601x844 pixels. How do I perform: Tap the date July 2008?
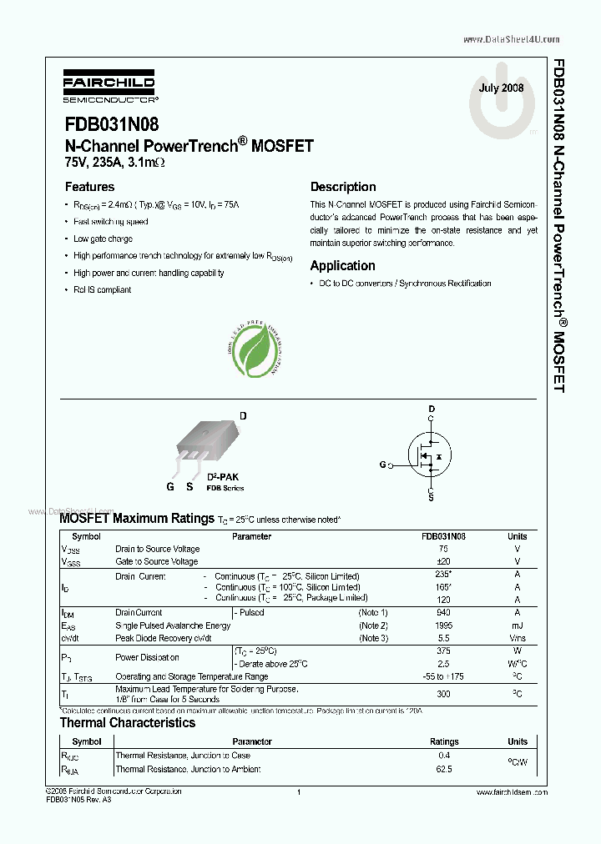[x=501, y=88]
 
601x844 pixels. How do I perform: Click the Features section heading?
[x=89, y=187]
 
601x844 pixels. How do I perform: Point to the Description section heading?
[x=343, y=187]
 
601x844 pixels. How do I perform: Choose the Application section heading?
[x=342, y=265]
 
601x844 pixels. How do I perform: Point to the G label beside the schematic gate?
[x=383, y=465]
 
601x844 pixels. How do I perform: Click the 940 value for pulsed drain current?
[x=443, y=612]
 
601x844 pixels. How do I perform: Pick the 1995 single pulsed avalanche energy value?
[x=443, y=625]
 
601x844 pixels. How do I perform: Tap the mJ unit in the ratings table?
[x=517, y=625]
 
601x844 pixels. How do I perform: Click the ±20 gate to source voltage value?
[x=443, y=562]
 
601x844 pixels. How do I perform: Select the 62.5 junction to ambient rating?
[x=443, y=769]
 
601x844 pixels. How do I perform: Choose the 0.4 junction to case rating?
[x=443, y=756]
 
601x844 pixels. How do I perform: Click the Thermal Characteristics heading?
[x=127, y=723]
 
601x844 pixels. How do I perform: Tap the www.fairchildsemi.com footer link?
[x=511, y=791]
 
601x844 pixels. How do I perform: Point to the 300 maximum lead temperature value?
[x=443, y=694]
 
